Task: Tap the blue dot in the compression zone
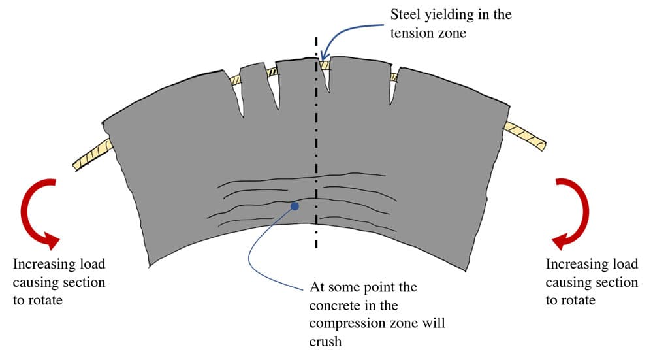tap(295, 206)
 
